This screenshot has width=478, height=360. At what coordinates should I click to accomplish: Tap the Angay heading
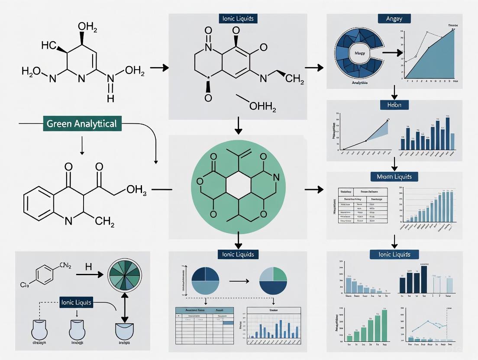[x=394, y=19]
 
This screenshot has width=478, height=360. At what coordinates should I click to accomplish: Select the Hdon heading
[x=394, y=105]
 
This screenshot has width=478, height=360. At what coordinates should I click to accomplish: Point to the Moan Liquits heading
[x=394, y=177]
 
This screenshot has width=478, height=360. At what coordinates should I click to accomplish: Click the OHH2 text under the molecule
[x=262, y=105]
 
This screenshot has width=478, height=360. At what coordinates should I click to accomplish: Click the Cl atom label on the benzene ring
[x=24, y=285]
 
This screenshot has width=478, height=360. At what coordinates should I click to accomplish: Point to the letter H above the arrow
[x=88, y=267]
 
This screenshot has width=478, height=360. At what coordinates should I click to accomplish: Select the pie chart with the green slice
[x=273, y=281]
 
